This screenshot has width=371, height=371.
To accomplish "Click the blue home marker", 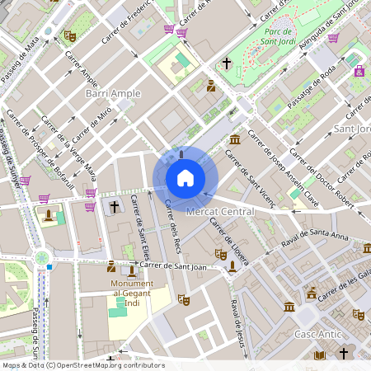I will pos(185,178).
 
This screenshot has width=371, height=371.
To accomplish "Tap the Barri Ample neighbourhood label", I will pos(113,94).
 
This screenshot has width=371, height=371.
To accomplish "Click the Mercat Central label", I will pos(220,212).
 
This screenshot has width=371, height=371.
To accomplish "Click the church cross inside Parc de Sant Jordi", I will pos(227,63).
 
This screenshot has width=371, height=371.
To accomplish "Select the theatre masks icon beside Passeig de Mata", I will pos(70,36).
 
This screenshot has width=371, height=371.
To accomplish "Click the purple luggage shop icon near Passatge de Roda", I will pos(359,71).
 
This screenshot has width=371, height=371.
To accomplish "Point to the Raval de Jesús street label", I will pos(238,317).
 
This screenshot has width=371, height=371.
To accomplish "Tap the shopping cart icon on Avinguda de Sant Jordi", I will pos(333,37).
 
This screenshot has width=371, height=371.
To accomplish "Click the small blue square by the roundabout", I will pos(50,266).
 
